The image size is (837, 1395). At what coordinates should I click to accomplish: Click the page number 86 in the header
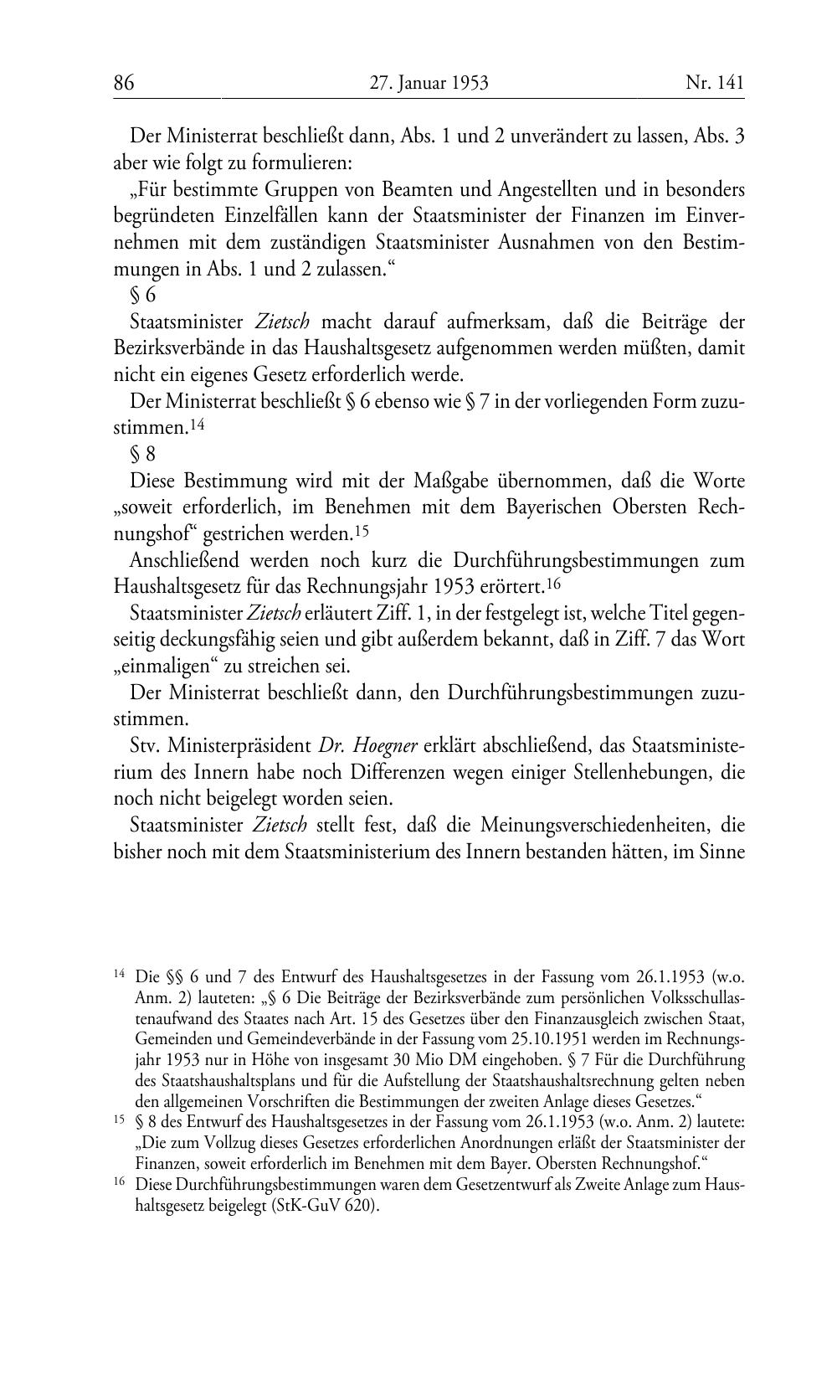coord(124,83)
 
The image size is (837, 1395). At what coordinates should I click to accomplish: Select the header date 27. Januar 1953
coord(429,83)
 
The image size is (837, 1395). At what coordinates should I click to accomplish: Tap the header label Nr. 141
coord(714,83)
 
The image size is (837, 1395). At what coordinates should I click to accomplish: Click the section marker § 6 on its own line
coord(143,295)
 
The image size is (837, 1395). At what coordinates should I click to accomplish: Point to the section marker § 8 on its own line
coord(143,455)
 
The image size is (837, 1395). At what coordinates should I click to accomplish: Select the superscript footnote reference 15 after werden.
coord(361,531)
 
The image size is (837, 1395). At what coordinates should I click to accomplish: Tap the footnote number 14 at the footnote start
coord(119,974)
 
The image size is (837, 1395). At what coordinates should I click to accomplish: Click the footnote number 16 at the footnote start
coord(119,1184)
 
